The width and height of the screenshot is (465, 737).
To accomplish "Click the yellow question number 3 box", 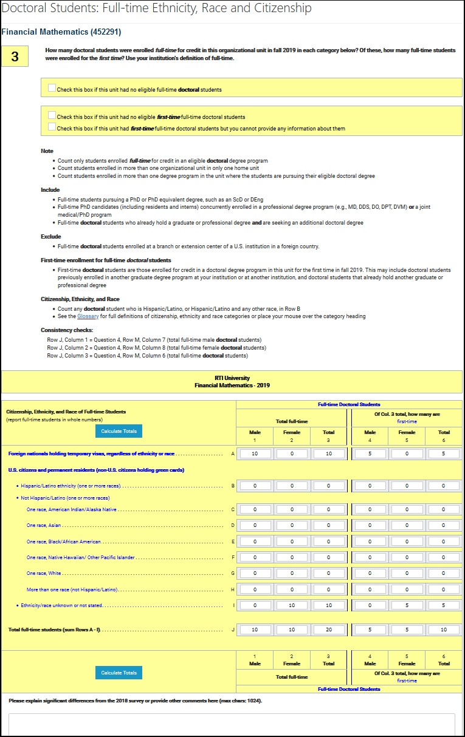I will pyautogui.click(x=15, y=57).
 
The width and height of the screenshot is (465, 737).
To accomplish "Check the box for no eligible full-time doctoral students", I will pyautogui.click(x=52, y=88).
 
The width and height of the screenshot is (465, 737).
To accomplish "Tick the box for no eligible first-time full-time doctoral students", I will pyautogui.click(x=52, y=115).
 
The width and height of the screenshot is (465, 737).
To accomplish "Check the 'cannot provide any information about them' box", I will pyautogui.click(x=52, y=127).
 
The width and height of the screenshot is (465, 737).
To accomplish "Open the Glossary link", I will pyautogui.click(x=88, y=316).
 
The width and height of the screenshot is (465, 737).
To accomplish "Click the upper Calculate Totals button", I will pyautogui.click(x=119, y=431).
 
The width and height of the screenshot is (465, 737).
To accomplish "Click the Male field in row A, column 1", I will pyautogui.click(x=255, y=453).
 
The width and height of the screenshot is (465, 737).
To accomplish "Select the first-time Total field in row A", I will pyautogui.click(x=444, y=453).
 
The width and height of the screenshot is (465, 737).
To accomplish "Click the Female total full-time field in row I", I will pyautogui.click(x=292, y=605).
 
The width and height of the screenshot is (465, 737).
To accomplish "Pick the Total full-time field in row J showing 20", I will pyautogui.click(x=328, y=630).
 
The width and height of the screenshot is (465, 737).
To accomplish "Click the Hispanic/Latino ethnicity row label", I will pyautogui.click(x=71, y=486).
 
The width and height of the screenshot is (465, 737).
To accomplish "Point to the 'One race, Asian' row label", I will pyautogui.click(x=44, y=525).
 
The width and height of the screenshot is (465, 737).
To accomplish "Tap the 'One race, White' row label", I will pyautogui.click(x=44, y=573).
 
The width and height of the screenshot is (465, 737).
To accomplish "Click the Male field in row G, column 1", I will pyautogui.click(x=255, y=573).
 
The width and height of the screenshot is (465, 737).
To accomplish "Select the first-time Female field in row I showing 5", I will pyautogui.click(x=407, y=605).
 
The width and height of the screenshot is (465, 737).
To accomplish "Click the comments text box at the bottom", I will pyautogui.click(x=232, y=725).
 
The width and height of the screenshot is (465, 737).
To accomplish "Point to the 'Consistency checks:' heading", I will pyautogui.click(x=67, y=330).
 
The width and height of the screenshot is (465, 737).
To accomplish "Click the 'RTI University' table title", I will pyautogui.click(x=232, y=378).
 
